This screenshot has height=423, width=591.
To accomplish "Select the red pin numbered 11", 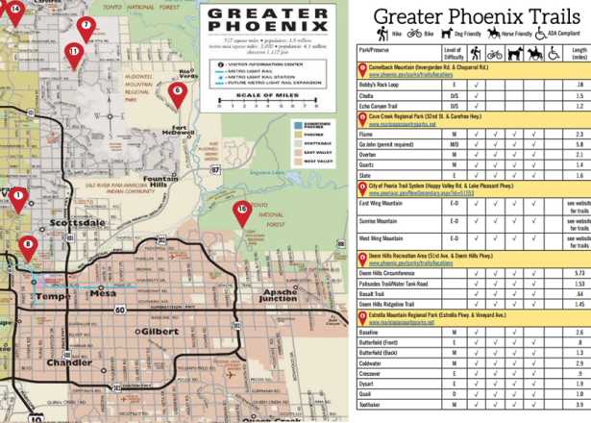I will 73,54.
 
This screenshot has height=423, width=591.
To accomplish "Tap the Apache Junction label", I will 280,294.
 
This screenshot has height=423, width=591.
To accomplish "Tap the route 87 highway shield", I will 214,170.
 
